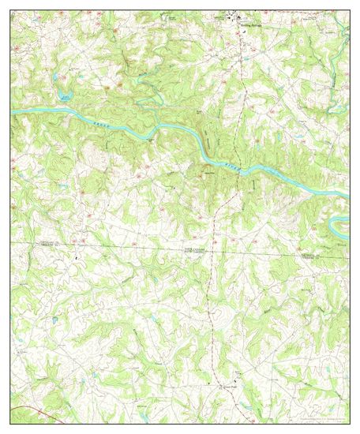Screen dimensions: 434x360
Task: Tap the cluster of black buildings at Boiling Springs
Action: tap(236, 17)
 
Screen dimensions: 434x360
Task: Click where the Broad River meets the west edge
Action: tap(13, 113)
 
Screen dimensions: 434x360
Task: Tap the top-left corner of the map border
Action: tap(10, 10)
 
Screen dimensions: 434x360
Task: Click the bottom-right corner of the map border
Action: tap(349, 423)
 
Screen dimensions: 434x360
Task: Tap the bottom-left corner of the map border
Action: tap(10, 423)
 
